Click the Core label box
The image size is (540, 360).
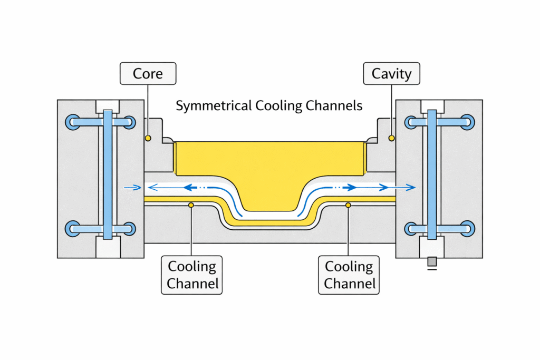[x=148, y=73]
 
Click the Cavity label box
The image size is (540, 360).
[x=391, y=73]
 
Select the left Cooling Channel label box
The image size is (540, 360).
[x=192, y=275]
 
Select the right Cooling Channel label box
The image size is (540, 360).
[x=349, y=275]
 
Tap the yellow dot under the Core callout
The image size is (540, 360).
[x=148, y=138]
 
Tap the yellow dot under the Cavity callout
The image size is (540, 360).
[x=391, y=138]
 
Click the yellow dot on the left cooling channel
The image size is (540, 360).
[x=191, y=204]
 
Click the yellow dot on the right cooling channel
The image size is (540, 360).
[x=348, y=204]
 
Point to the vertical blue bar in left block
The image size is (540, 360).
[x=108, y=174]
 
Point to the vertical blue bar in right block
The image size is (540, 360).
[x=432, y=174]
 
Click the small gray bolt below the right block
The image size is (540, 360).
[x=432, y=261]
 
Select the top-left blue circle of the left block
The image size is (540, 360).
[x=72, y=122]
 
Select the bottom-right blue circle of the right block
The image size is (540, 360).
[x=468, y=228]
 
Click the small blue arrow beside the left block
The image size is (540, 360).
[x=132, y=187]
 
